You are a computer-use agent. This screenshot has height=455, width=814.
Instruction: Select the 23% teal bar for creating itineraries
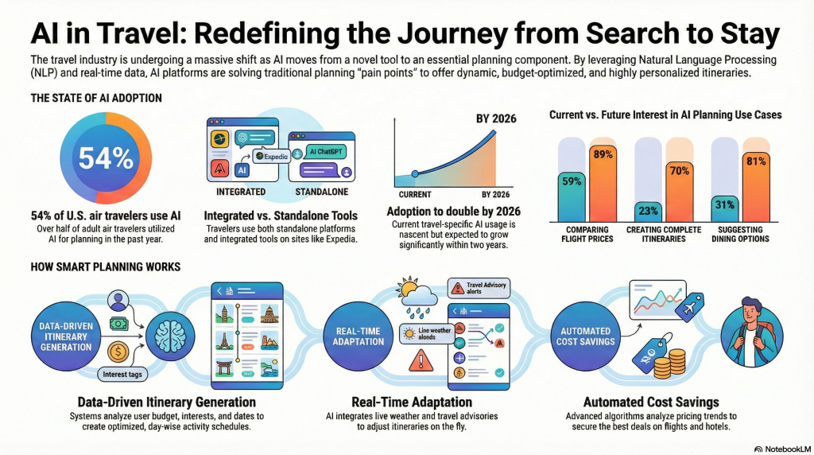649,212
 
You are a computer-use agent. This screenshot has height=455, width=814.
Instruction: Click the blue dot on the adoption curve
414,173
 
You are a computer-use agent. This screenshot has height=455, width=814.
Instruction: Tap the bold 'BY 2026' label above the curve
497,119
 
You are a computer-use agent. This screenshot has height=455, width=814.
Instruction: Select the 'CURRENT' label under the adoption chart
413,195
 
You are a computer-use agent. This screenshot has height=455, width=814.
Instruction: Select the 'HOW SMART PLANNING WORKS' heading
105,266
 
